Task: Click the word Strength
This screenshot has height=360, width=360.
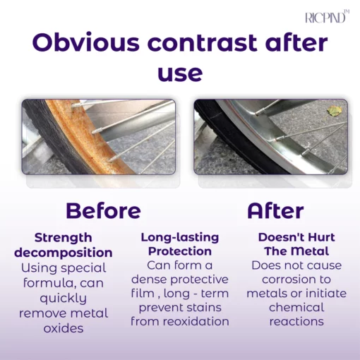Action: pos(64,237)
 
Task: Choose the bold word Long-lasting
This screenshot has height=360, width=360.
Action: pos(180,237)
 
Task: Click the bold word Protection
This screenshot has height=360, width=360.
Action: pos(180,251)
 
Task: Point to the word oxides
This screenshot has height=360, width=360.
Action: pos(64,328)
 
